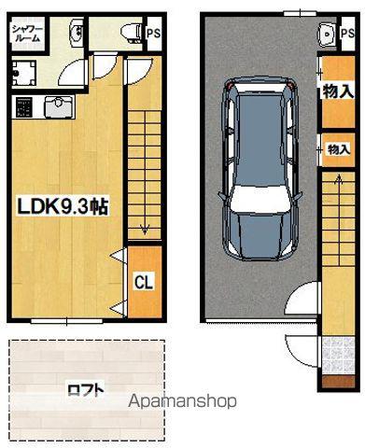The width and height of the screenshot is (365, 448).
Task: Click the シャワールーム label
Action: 26,33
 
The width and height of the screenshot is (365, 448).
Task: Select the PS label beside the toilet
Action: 153,33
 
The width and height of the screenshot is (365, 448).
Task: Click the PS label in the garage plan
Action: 348,33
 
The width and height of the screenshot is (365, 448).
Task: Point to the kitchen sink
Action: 60,107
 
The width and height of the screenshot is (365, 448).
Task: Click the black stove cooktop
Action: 24,107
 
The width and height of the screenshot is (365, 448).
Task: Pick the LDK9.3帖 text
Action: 63,207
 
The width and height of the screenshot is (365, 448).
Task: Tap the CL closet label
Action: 144,282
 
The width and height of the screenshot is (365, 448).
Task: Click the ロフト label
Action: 86,390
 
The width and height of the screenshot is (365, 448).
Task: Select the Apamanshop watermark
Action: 183,401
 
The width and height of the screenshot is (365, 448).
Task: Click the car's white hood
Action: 259,199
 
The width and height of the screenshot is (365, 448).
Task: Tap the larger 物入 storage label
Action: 339,91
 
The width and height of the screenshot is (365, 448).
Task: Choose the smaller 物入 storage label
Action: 339,149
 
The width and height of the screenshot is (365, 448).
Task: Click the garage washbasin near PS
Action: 327,34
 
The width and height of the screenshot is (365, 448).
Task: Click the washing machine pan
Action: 24,73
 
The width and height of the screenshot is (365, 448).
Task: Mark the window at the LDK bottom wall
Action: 67,321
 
